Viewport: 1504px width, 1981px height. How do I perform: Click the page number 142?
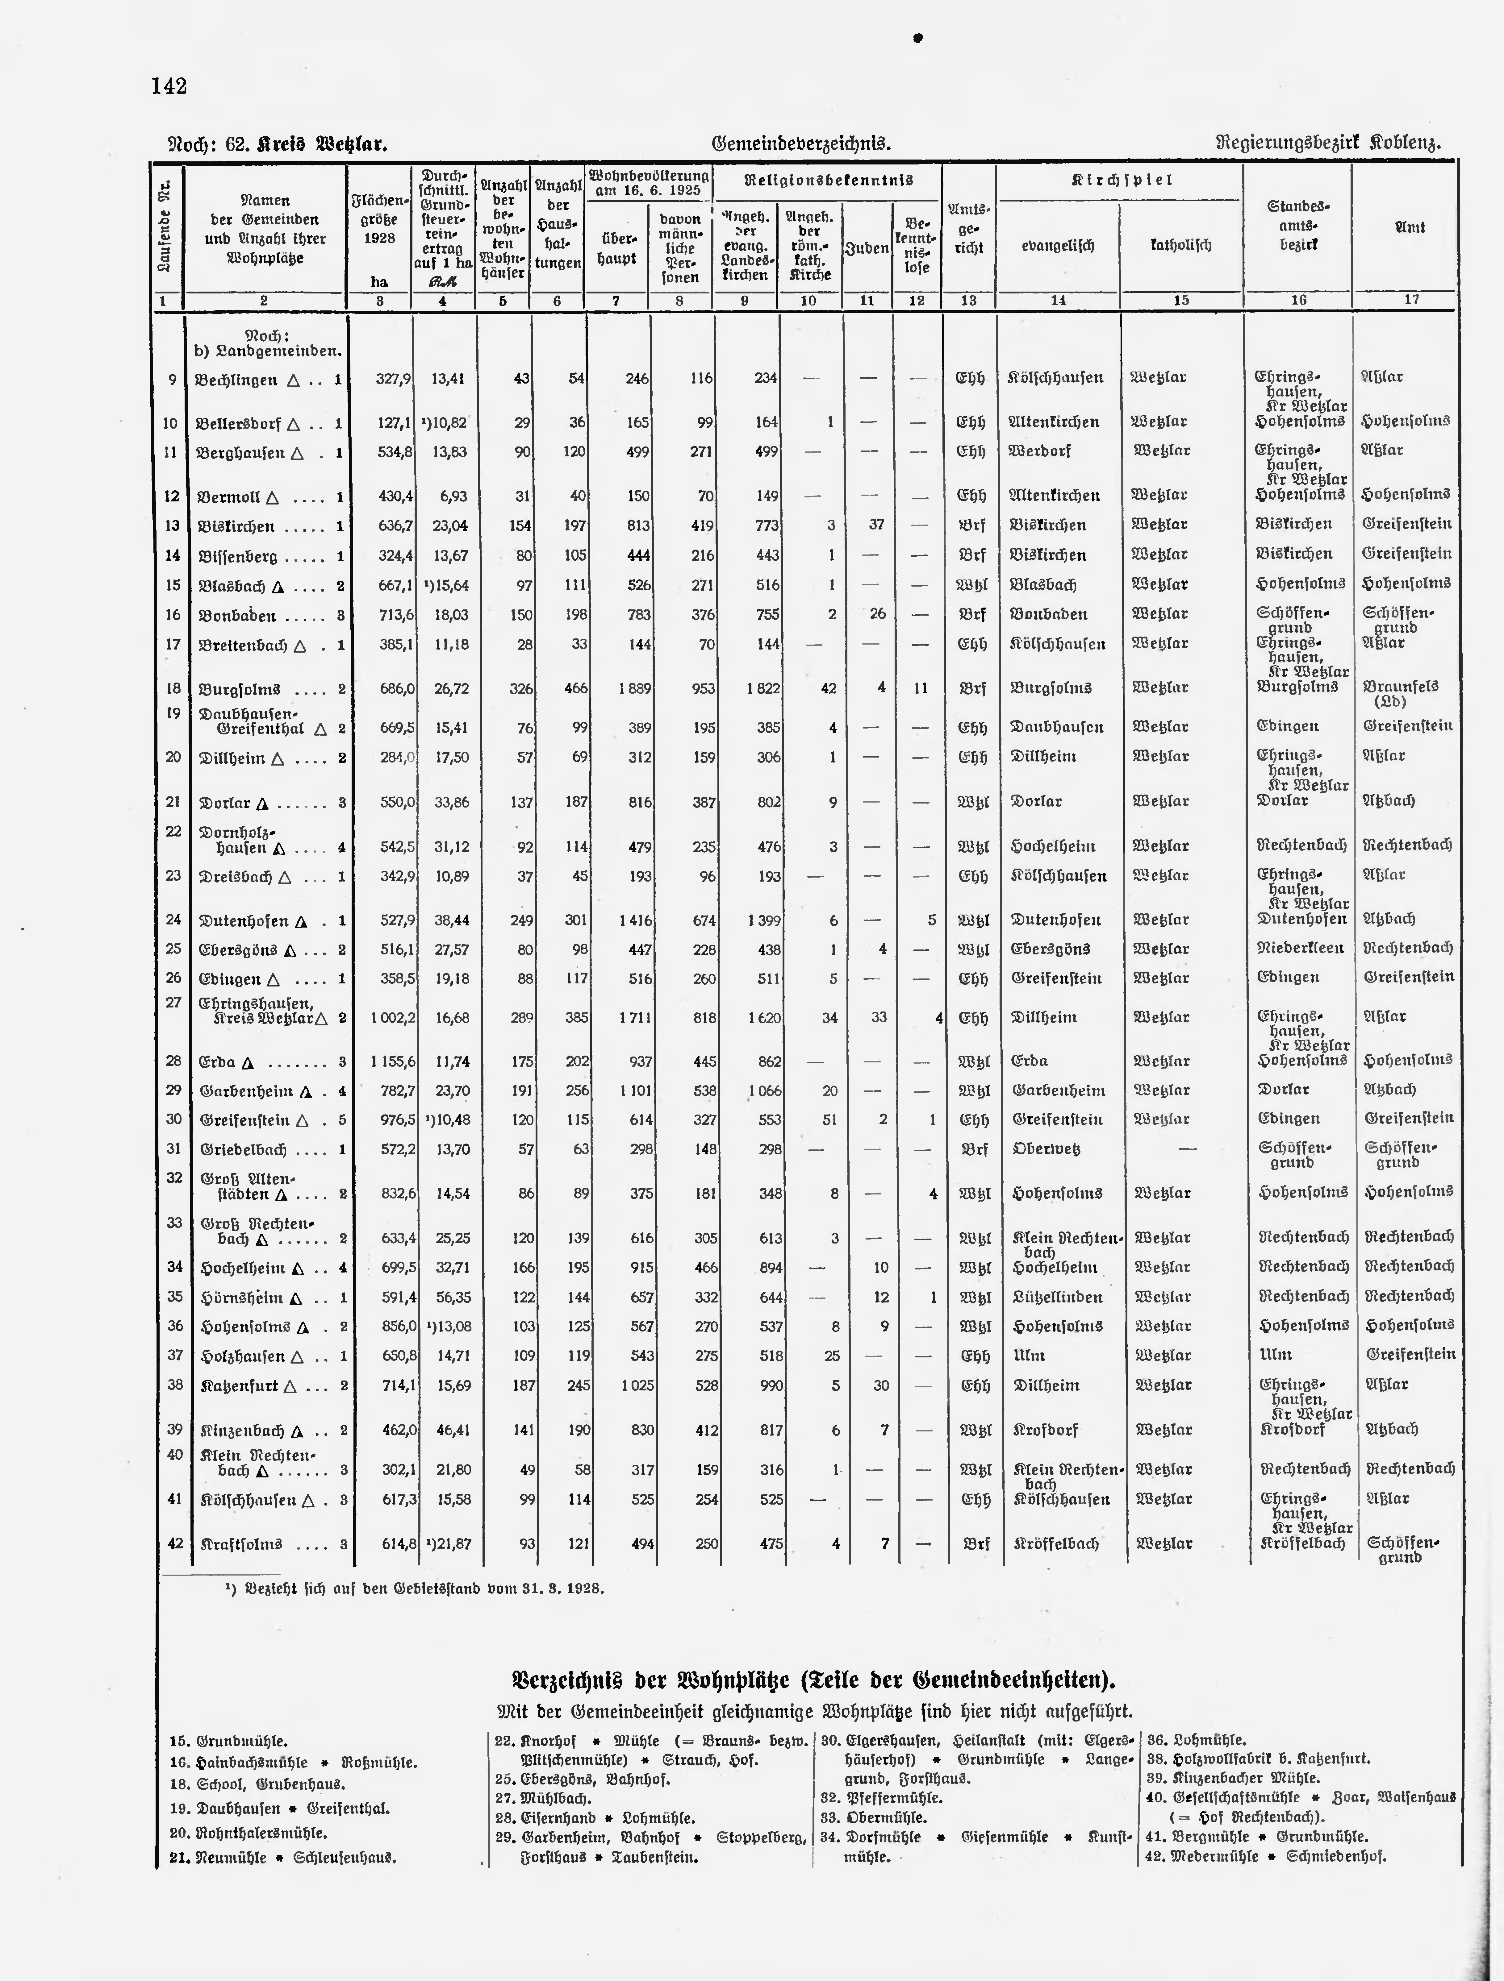click(x=169, y=87)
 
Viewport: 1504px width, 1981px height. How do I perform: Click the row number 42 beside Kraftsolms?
click(x=175, y=1543)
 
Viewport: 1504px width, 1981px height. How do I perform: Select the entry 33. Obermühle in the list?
click(x=873, y=1817)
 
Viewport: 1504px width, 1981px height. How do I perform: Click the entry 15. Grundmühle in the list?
click(x=228, y=1741)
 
